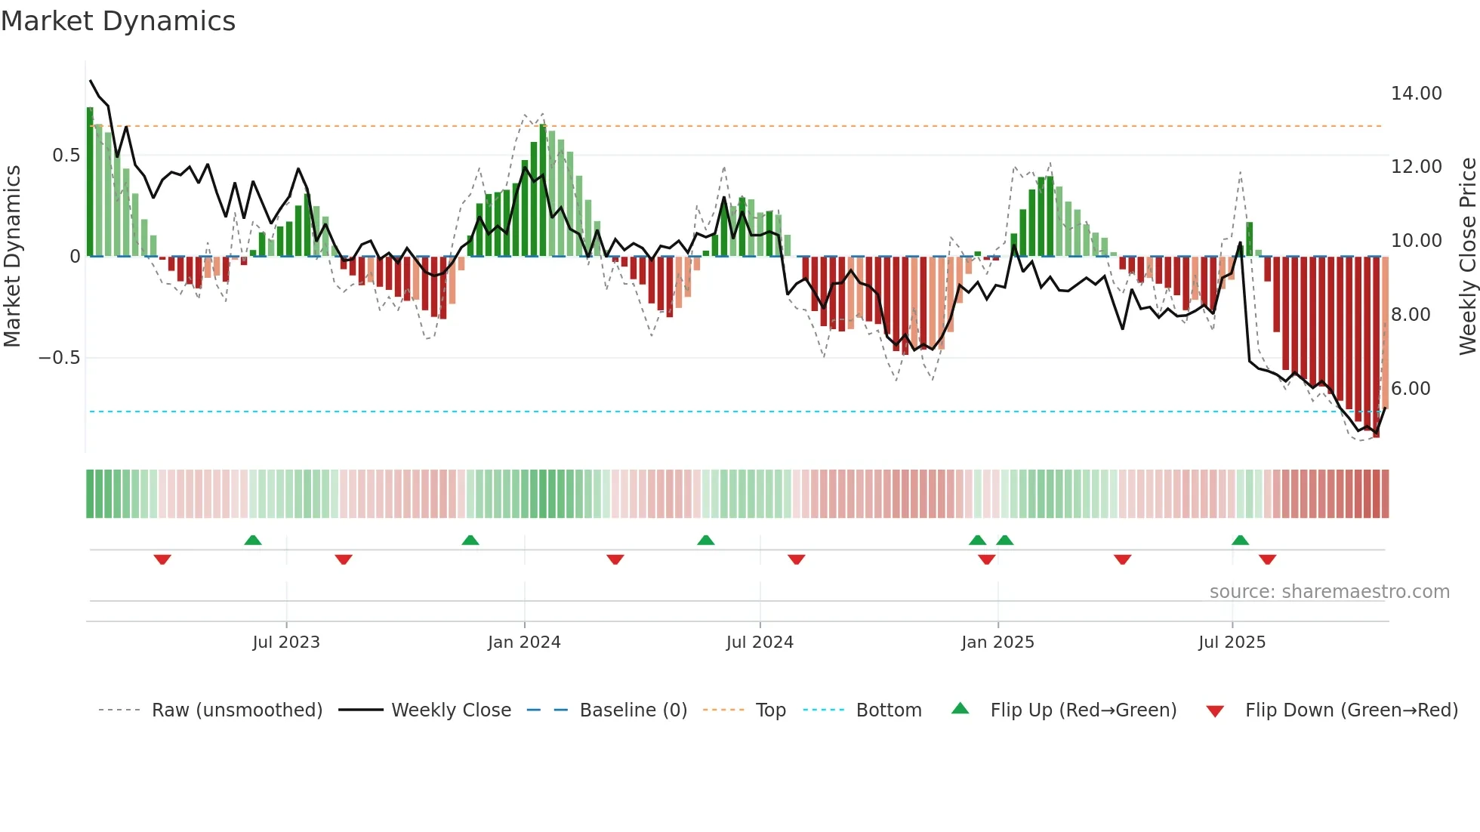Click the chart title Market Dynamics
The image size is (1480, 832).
(x=118, y=21)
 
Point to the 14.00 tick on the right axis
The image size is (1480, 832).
(x=1416, y=94)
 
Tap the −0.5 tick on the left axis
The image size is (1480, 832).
(x=60, y=358)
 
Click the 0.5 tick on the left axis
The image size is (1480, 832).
(x=66, y=156)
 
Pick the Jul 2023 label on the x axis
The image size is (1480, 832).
(x=286, y=642)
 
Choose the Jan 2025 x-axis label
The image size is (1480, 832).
(x=997, y=642)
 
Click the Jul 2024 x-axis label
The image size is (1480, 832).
(x=760, y=642)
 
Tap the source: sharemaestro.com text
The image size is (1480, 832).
(x=1329, y=592)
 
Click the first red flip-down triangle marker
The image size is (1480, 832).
(x=162, y=559)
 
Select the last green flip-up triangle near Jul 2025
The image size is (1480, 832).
(x=1240, y=540)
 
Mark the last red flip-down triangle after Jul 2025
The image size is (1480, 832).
(x=1267, y=559)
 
